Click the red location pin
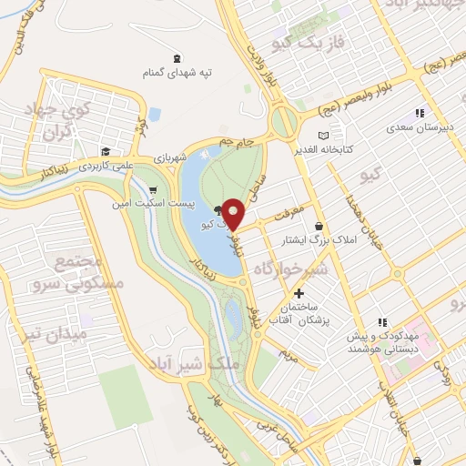234,212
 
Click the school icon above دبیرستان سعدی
419,113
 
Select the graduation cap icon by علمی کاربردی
106,151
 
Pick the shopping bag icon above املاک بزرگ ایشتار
318,226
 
